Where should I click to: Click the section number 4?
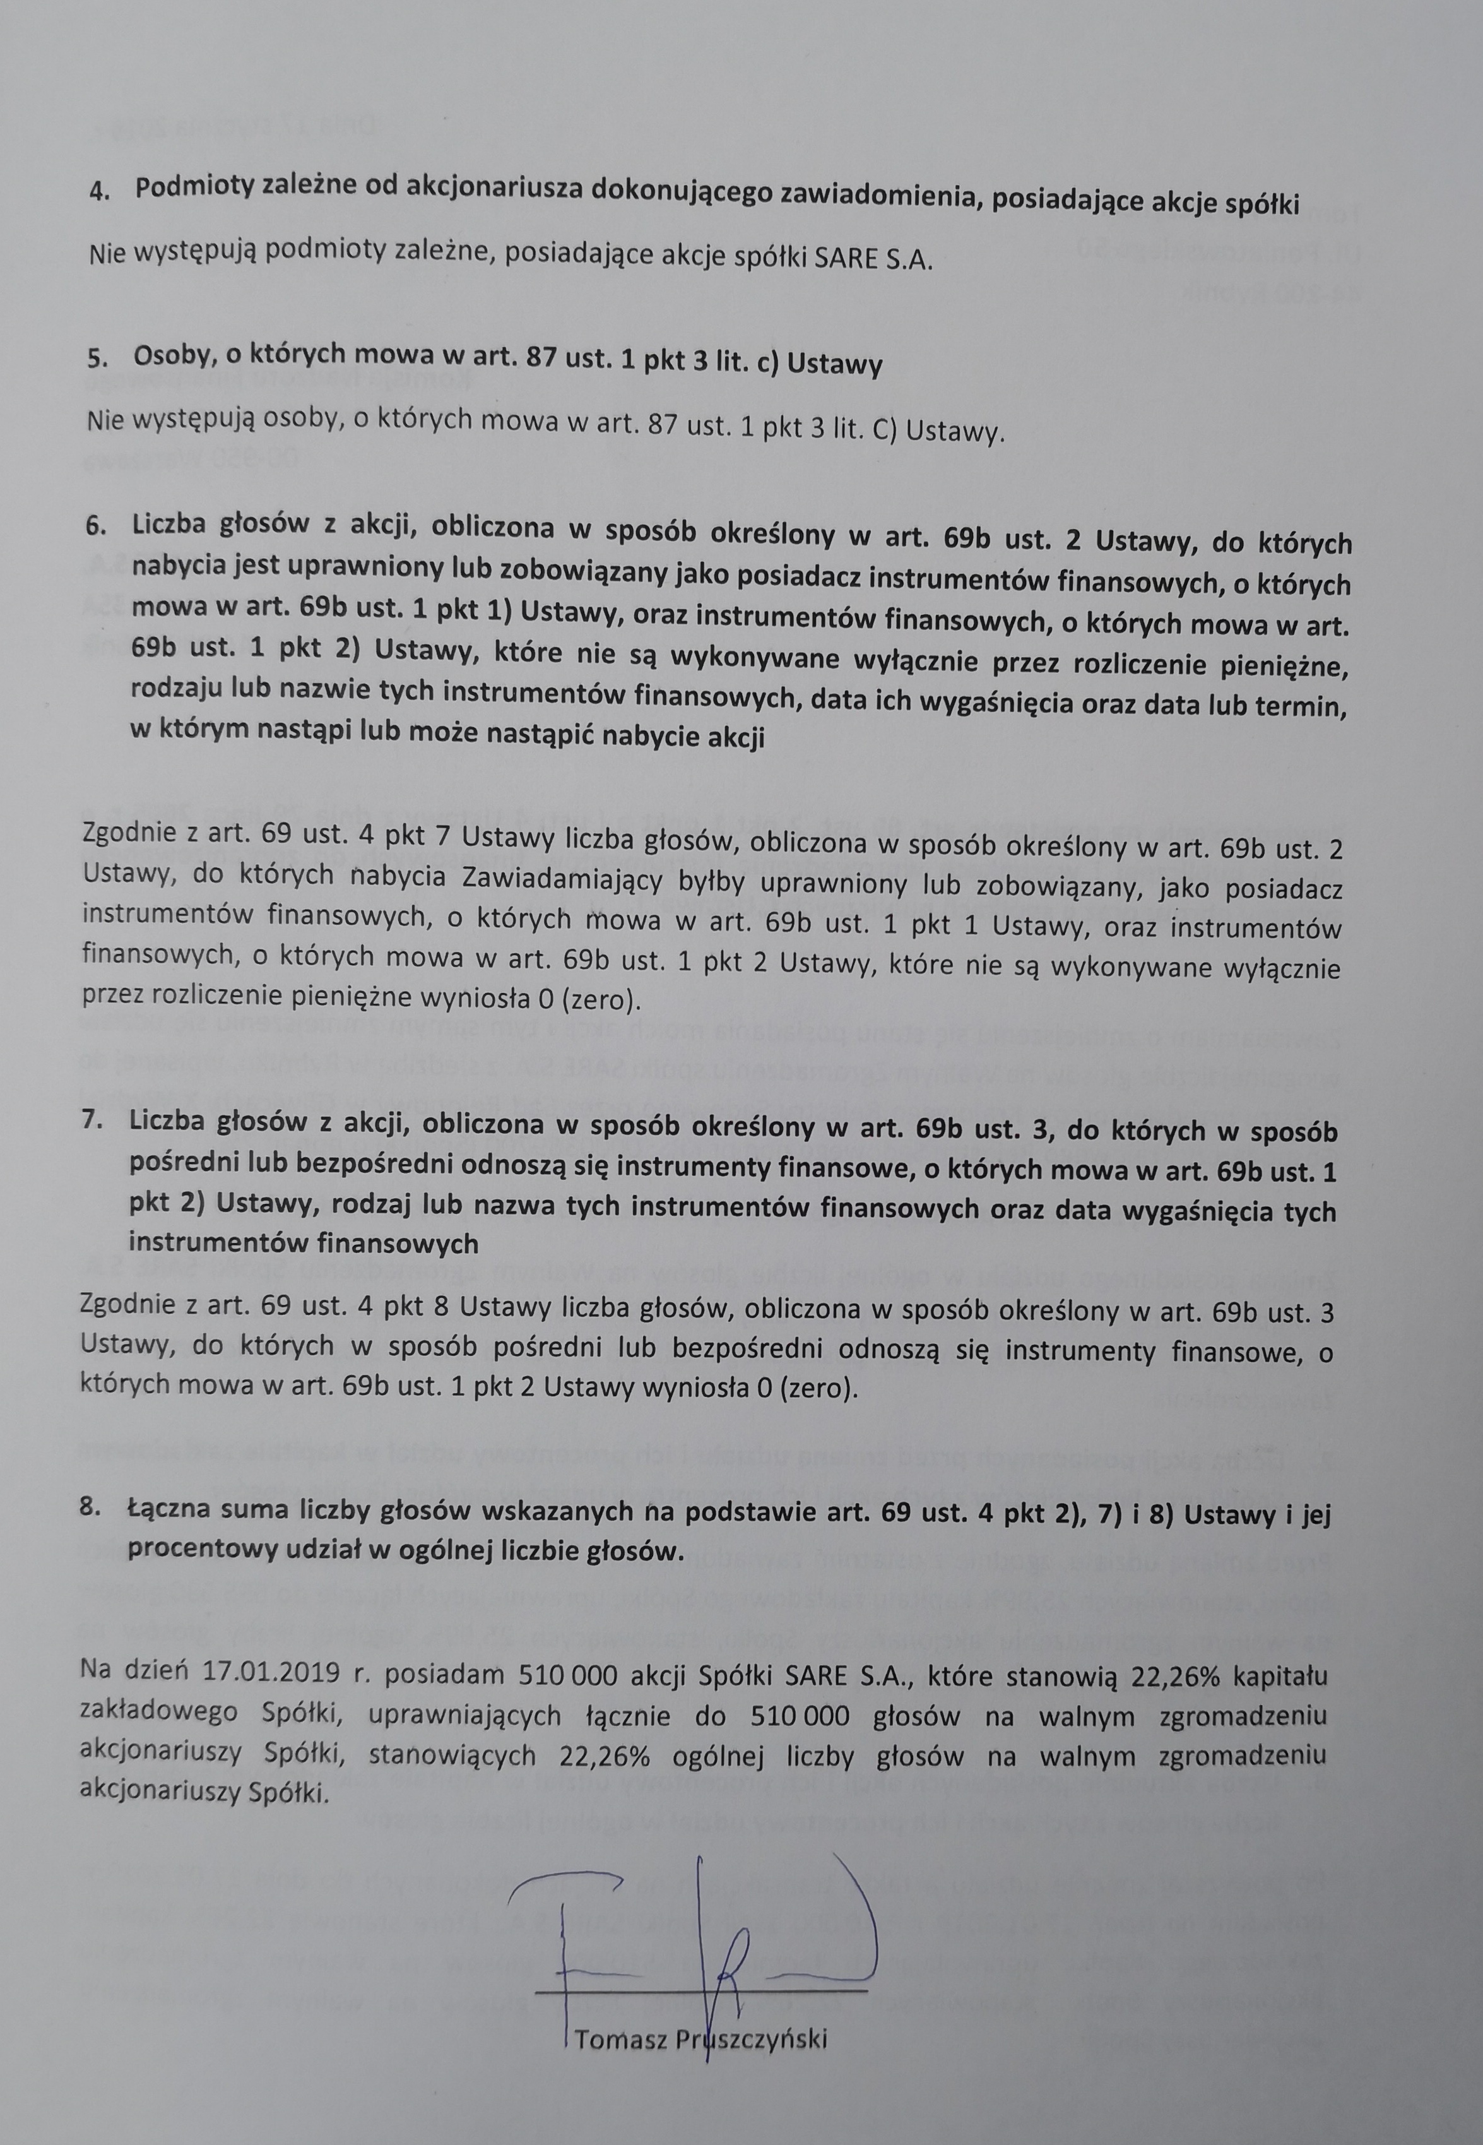tap(98, 189)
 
